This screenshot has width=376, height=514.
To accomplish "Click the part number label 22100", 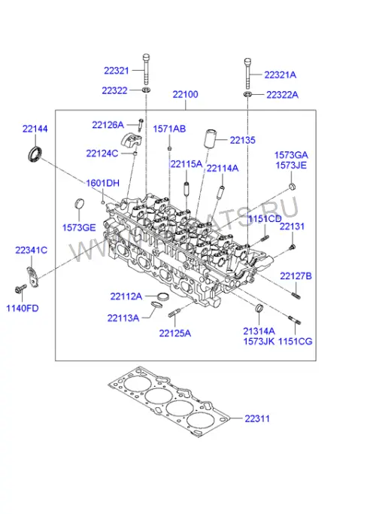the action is pyautogui.click(x=186, y=94).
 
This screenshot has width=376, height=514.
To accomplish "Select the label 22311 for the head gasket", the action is pyautogui.click(x=257, y=418).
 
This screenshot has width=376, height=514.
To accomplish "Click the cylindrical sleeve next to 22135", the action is pyautogui.click(x=210, y=140).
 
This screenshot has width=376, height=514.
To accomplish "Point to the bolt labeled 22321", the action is pyautogui.click(x=147, y=68).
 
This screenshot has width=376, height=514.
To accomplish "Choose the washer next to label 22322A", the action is pyautogui.click(x=247, y=95).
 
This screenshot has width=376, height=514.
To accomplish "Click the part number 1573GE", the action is pyautogui.click(x=79, y=227).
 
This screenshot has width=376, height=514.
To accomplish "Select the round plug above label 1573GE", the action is pyautogui.click(x=79, y=204).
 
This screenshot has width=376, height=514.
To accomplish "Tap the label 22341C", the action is pyautogui.click(x=31, y=250).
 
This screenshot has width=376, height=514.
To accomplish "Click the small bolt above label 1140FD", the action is pyautogui.click(x=20, y=288).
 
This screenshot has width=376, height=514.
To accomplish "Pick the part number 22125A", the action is pyautogui.click(x=175, y=333).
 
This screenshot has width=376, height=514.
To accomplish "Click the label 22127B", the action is pyautogui.click(x=296, y=276).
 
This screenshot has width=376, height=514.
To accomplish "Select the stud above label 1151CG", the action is pyautogui.click(x=295, y=320).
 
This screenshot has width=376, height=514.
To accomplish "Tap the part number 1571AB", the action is pyautogui.click(x=169, y=129).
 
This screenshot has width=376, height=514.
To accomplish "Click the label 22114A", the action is pyautogui.click(x=223, y=168).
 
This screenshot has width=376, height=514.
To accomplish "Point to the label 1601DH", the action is pyautogui.click(x=102, y=183).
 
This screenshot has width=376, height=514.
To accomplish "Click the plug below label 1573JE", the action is pyautogui.click(x=292, y=187).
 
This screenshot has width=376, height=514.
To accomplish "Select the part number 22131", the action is pyautogui.click(x=292, y=227).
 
